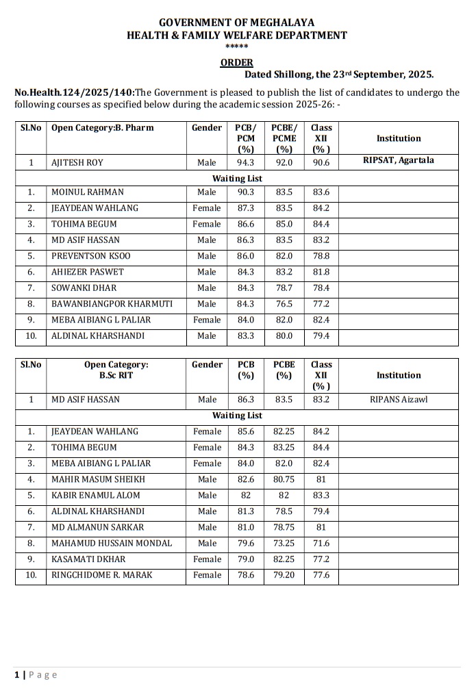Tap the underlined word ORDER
[x=237, y=62]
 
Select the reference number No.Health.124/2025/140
[x=75, y=92]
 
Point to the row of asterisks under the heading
[x=237, y=47]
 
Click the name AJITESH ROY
[x=77, y=162]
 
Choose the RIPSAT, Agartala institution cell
[x=399, y=161]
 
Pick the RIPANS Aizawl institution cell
[x=399, y=399]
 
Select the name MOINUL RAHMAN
[x=88, y=192]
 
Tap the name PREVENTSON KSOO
[x=91, y=256]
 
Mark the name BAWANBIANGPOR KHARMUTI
[x=112, y=304]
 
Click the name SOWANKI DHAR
[x=84, y=288]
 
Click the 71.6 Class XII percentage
[x=321, y=544]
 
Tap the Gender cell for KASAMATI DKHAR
[x=207, y=559]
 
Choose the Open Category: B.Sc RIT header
[x=114, y=370]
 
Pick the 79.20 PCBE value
[x=284, y=575]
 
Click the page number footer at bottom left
[x=36, y=675]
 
